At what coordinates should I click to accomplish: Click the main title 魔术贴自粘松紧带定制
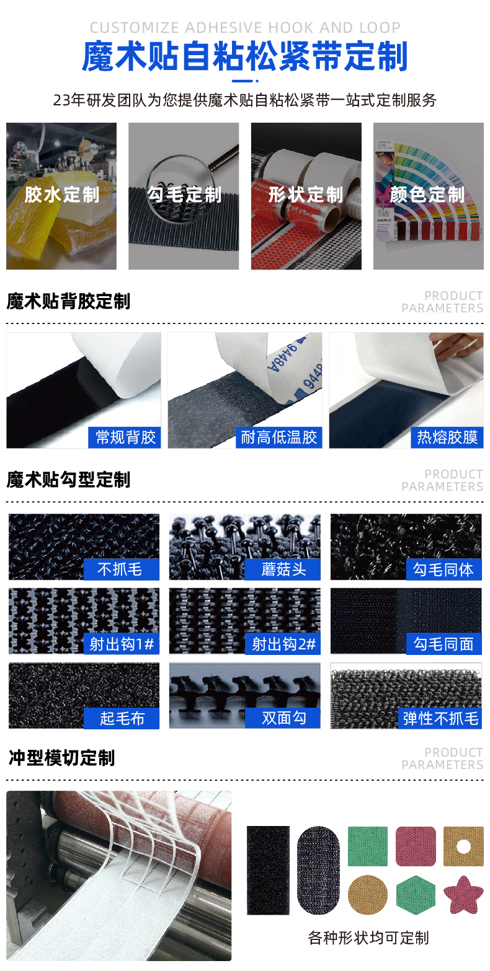(x=244, y=57)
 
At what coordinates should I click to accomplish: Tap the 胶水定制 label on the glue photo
(x=61, y=195)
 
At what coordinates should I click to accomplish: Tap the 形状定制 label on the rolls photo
(x=306, y=195)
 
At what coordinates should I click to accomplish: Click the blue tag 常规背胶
(x=125, y=437)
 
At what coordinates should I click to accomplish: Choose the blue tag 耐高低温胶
(x=279, y=437)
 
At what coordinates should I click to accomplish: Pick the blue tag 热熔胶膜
(x=447, y=437)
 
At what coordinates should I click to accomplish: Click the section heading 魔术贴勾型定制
(x=68, y=480)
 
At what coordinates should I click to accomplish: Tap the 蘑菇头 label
(x=283, y=569)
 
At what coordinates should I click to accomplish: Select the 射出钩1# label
(x=122, y=644)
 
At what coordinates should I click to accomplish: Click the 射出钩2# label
(x=283, y=644)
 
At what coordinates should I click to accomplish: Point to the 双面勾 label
(x=283, y=718)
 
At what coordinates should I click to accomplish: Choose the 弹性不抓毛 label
(x=440, y=718)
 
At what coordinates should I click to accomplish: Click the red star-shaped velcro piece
(x=463, y=894)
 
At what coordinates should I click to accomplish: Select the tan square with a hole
(x=463, y=846)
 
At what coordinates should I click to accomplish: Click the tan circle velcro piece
(x=367, y=894)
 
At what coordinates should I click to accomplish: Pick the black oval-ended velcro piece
(x=318, y=869)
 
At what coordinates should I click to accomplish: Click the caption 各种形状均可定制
(x=368, y=938)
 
